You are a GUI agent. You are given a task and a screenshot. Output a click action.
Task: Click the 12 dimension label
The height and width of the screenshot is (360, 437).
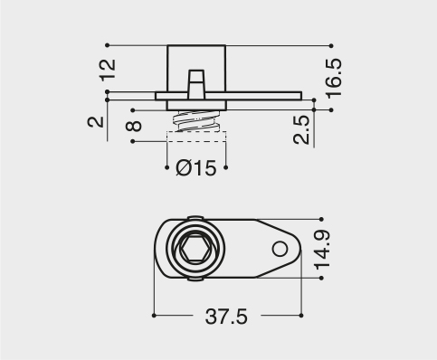(108, 70)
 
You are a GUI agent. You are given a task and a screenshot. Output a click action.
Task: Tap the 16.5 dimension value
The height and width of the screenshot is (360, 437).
(334, 78)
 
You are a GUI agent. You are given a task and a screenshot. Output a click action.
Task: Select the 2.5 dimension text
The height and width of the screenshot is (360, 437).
(301, 129)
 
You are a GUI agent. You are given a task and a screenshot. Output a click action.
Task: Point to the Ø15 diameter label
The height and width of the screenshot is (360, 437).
(196, 167)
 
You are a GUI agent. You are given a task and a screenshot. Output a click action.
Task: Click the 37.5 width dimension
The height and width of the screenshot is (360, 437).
(226, 317)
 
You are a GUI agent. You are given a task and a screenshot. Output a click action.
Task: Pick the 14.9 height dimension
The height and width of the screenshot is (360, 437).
(321, 250)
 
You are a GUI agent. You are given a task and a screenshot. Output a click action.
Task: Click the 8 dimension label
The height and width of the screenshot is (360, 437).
(134, 126)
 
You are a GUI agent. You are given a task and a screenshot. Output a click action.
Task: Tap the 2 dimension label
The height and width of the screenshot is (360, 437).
(96, 122)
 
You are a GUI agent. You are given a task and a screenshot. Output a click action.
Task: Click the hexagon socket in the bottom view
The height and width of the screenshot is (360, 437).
(195, 249)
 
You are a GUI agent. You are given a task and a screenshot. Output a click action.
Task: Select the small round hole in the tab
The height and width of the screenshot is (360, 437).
(280, 250)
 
